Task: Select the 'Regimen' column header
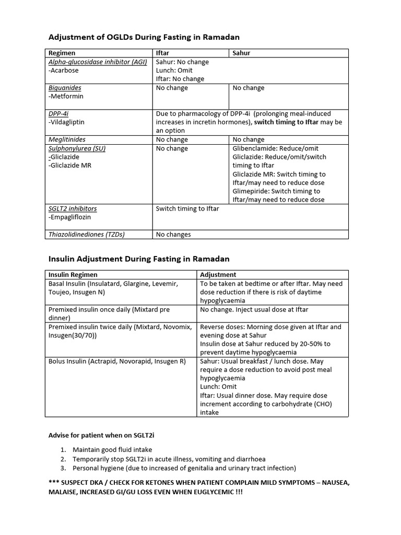coord(62,53)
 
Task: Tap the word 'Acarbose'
coord(65,71)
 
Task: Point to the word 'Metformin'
coord(66,96)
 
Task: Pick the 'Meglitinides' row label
coord(67,139)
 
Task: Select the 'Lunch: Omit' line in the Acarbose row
coord(174,70)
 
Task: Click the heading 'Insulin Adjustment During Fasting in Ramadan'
coord(139,259)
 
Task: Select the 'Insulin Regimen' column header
coord(73,274)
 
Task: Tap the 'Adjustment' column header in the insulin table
coord(218,274)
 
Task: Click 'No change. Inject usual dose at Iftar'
coord(254,309)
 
